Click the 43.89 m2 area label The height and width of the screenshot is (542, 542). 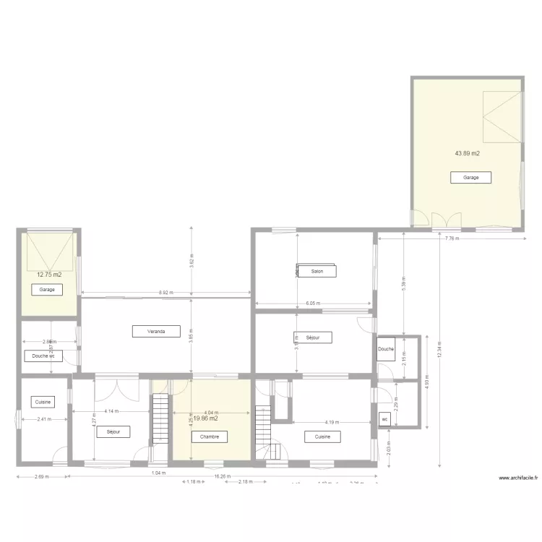468,153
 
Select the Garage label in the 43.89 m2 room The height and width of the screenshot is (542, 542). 470,177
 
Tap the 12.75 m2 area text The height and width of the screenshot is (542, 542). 49,275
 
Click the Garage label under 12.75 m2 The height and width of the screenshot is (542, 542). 47,290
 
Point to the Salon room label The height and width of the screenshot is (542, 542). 317,272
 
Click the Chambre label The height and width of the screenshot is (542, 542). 210,437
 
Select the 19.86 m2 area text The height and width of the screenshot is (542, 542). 206,418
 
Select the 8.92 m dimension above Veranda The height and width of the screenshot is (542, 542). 165,293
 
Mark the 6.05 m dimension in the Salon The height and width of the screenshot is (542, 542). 313,304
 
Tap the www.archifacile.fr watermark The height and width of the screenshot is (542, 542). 517,478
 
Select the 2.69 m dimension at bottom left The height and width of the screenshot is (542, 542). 43,476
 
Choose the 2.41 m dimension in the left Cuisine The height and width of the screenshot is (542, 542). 44,419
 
